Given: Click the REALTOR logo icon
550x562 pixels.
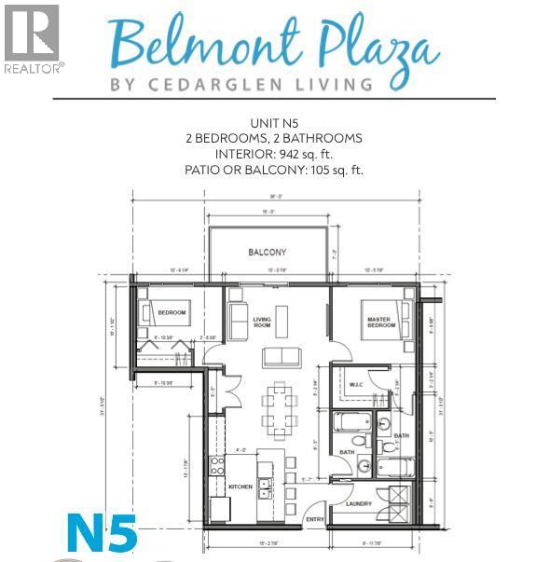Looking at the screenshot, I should coord(32,33).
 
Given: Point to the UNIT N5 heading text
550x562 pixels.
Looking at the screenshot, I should coord(274,123).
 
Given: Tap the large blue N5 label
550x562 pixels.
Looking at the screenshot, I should coord(103,532).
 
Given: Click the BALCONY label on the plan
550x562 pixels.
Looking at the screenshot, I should coord(267,253).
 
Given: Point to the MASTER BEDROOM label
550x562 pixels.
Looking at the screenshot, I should coord(380,322).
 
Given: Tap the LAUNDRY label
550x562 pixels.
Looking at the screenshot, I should coord(360,504).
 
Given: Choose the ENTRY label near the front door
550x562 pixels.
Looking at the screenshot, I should coord(315,519).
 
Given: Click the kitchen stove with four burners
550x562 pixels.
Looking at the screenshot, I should coord(216,465).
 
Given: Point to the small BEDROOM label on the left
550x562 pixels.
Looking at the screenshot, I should coord(172,313).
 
